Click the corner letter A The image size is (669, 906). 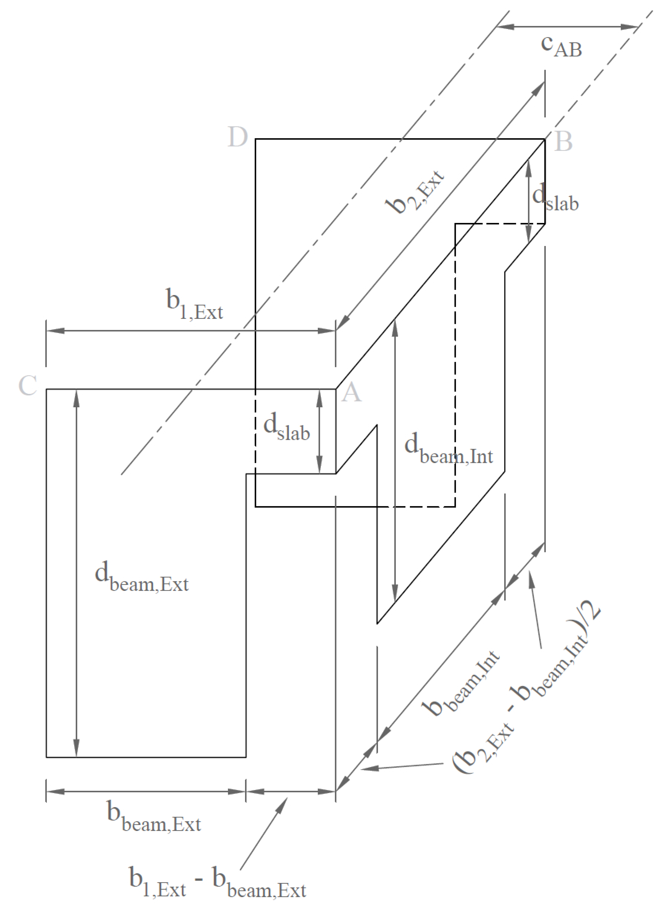[x=351, y=392]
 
